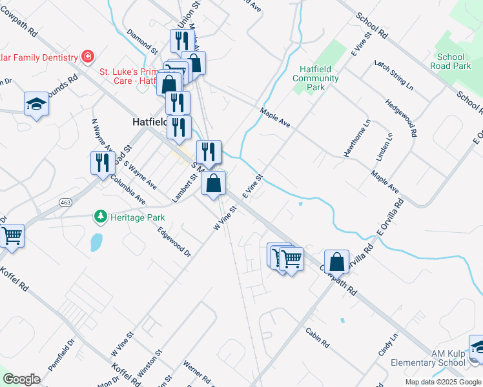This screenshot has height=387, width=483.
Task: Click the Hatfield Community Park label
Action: (315, 78)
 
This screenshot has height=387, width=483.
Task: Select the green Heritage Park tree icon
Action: (100, 217)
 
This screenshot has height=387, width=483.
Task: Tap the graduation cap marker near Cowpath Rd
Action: (36, 104)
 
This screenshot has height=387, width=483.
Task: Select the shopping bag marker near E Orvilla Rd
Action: (336, 262)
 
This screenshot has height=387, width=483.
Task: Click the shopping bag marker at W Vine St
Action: (214, 183)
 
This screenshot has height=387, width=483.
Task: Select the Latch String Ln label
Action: (393, 74)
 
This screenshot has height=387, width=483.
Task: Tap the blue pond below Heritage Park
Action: (96, 241)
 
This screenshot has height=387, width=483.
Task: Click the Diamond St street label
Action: (142, 40)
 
